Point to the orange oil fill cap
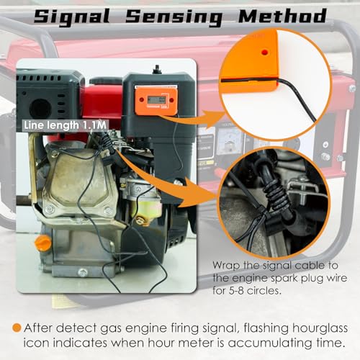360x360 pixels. click(43, 243)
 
